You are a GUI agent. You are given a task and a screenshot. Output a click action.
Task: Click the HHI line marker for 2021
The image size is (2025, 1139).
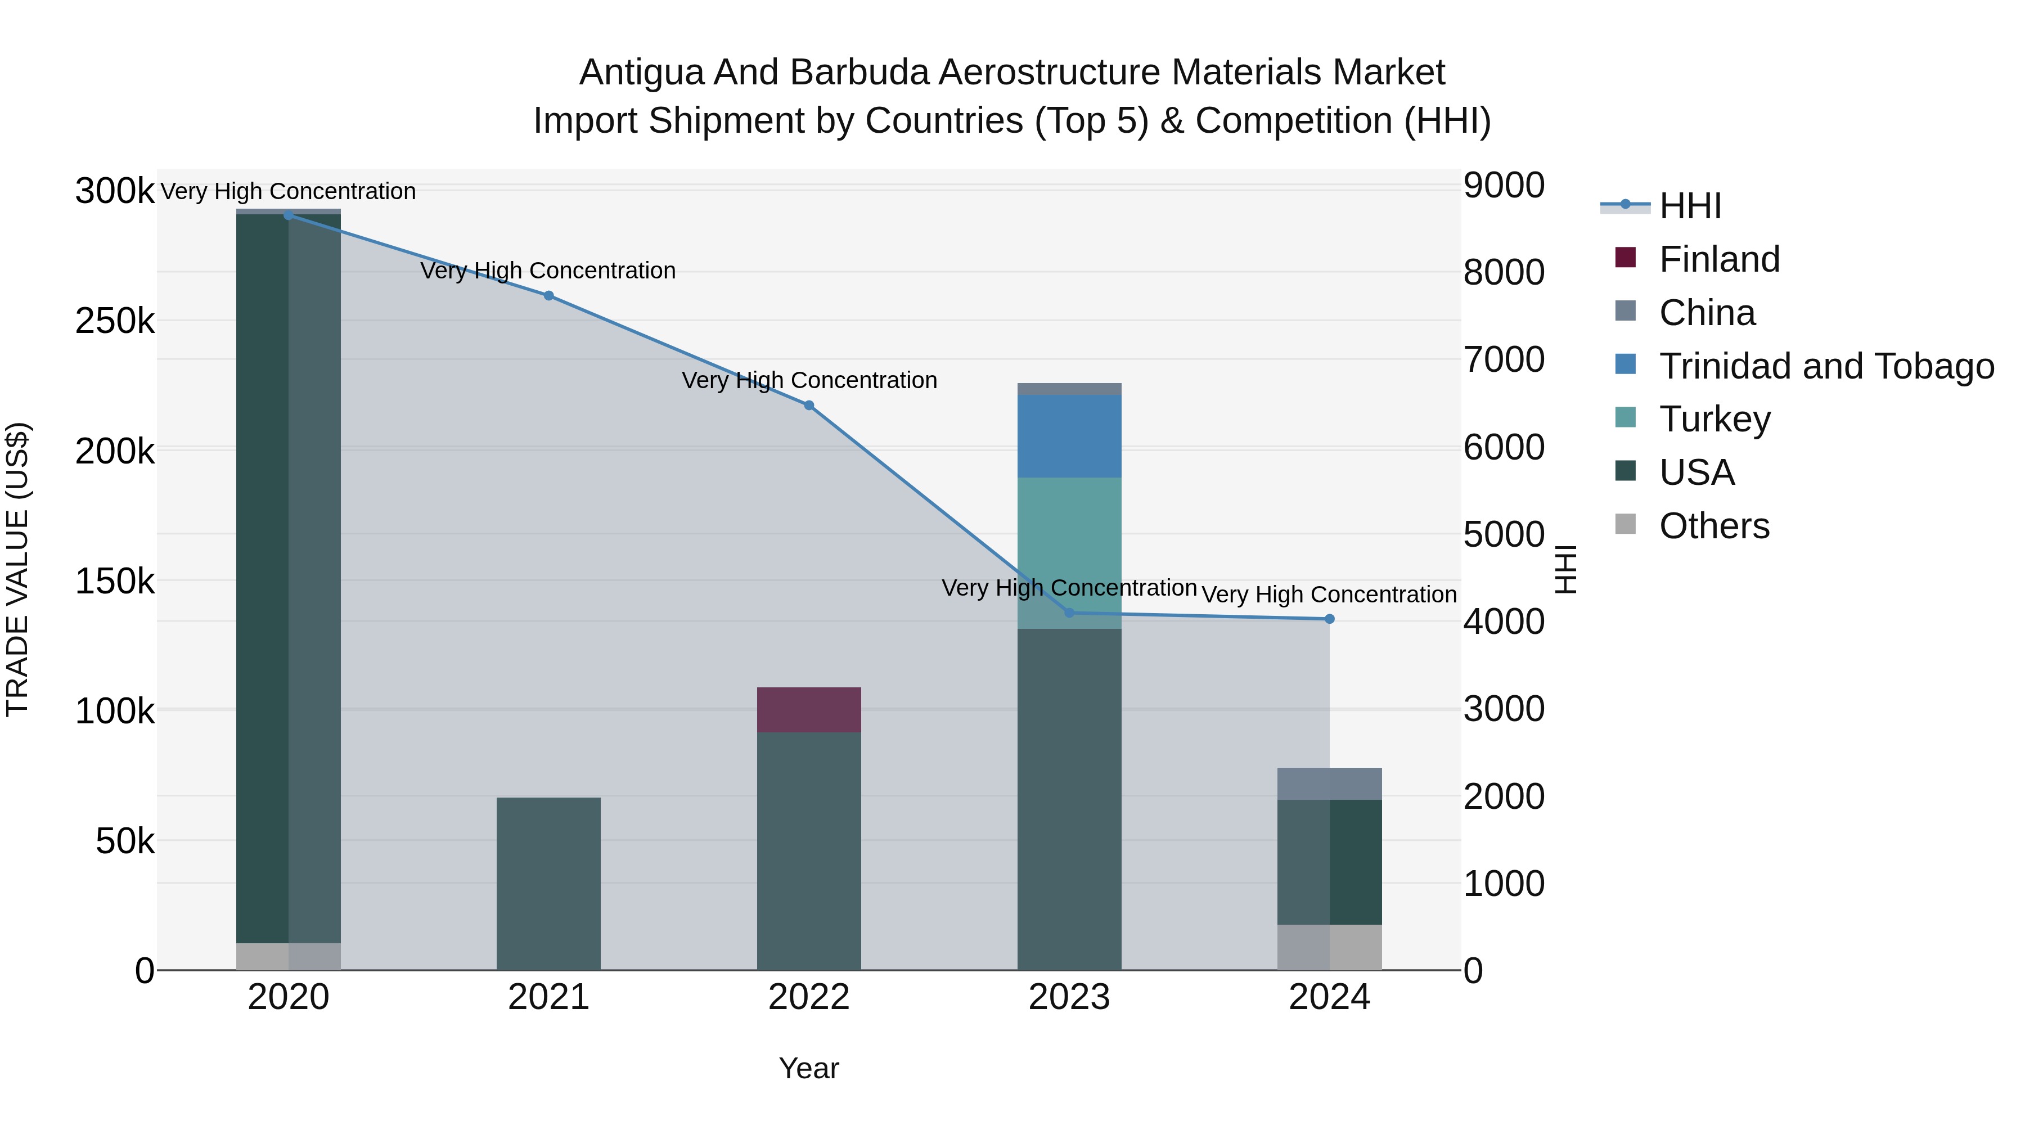[548, 295]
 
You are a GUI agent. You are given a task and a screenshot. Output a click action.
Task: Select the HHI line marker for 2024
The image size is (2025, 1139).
[1329, 619]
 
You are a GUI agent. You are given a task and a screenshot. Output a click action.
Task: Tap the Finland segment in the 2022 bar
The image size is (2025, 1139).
[809, 710]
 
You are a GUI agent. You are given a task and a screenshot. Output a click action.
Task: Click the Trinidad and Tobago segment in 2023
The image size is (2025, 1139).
[1069, 436]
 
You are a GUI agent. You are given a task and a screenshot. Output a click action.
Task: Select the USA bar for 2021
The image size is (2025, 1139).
[548, 884]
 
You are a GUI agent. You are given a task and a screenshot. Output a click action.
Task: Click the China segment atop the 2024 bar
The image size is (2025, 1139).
[1329, 784]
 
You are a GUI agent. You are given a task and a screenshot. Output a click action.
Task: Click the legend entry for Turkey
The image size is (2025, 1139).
[1714, 419]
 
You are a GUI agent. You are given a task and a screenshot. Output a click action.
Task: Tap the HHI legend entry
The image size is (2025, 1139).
[1690, 206]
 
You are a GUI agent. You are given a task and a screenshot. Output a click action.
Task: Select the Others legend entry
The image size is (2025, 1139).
[1714, 526]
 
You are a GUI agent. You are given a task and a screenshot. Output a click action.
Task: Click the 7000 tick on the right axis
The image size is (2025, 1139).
[1503, 360]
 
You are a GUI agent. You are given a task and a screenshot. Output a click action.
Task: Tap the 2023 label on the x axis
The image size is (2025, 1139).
[1069, 997]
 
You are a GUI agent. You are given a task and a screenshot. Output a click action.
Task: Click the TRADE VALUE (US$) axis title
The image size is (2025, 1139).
[17, 569]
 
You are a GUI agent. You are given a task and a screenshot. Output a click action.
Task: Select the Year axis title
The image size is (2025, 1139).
[809, 1068]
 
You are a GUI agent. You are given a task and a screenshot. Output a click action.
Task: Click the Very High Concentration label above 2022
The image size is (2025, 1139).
[809, 380]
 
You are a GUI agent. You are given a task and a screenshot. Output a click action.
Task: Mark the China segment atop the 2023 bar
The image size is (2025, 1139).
[1069, 389]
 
